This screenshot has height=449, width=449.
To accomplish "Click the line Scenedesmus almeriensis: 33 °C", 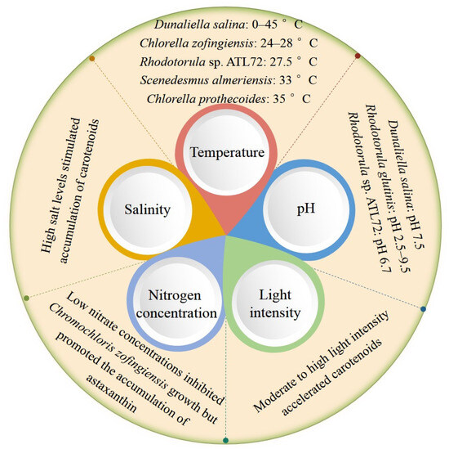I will coord(224,82).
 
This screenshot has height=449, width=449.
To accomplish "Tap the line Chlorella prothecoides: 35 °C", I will coord(224,100).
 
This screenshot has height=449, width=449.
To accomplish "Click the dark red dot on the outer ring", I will coord(358,56).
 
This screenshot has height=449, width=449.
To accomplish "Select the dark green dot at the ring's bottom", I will coord(225,441).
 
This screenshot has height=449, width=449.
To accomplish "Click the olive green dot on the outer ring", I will coord(27,299).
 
